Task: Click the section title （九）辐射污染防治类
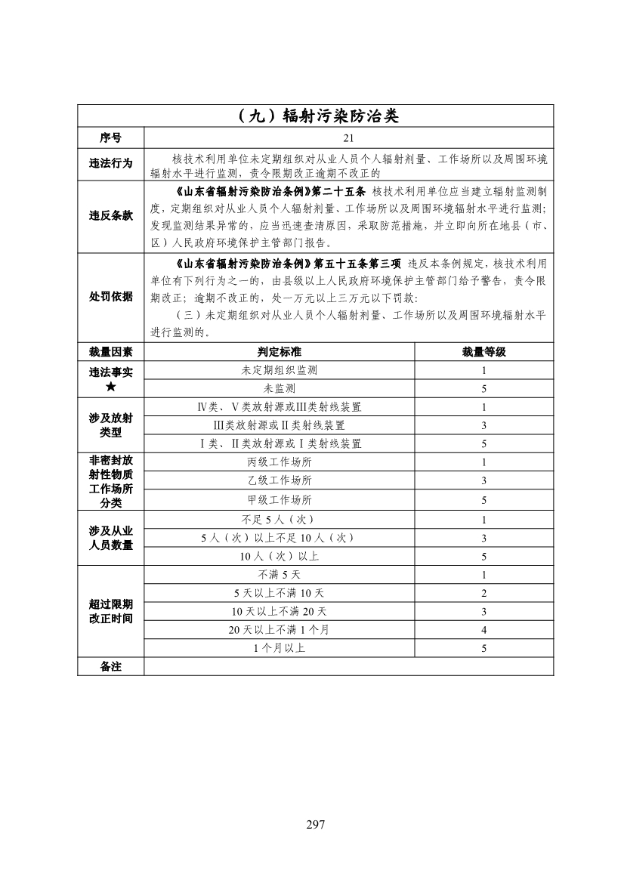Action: pos(315,116)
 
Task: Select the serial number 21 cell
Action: pos(348,138)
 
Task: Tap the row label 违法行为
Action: pos(110,164)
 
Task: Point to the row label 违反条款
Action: pos(110,215)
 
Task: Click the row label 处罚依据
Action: pos(110,297)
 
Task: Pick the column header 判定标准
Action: pos(279,352)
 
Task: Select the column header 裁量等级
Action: pos(483,352)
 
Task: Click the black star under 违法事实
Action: pos(110,387)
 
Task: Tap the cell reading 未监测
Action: pos(279,388)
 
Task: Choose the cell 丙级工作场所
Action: pos(279,462)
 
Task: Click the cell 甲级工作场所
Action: pos(279,500)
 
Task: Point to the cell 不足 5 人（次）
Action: pos(279,520)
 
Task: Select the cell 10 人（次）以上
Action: pos(279,557)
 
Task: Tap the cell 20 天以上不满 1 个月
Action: pos(279,630)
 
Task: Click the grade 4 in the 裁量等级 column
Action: pos(483,630)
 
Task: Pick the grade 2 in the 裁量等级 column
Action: pos(483,593)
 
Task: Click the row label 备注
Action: pos(110,666)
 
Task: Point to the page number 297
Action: pos(315,824)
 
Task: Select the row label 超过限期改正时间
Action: pos(110,611)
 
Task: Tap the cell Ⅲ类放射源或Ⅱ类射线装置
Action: pos(279,425)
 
